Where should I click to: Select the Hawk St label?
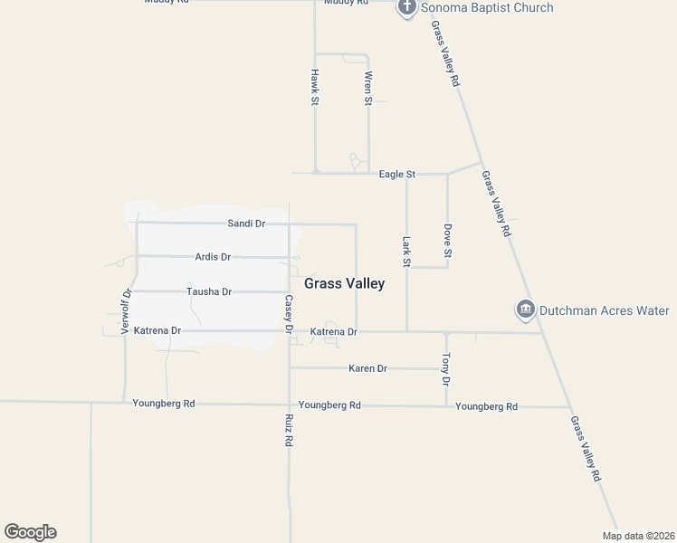pyautogui.click(x=315, y=88)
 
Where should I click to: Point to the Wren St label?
pyautogui.click(x=368, y=88)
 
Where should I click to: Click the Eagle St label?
pyautogui.click(x=396, y=174)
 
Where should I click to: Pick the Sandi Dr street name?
pyautogui.click(x=245, y=223)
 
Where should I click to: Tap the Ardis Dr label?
pyautogui.click(x=213, y=257)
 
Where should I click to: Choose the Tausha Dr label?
pyautogui.click(x=209, y=291)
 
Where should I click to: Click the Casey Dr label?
pyautogui.click(x=290, y=314)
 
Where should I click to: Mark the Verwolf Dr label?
pyautogui.click(x=126, y=311)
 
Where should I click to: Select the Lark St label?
pyautogui.click(x=407, y=252)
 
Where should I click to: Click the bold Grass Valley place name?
pyautogui.click(x=344, y=283)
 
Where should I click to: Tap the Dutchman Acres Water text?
pyautogui.click(x=605, y=310)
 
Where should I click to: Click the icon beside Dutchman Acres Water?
pyautogui.click(x=525, y=310)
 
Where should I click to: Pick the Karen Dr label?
pyautogui.click(x=367, y=368)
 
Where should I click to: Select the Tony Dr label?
pyautogui.click(x=445, y=369)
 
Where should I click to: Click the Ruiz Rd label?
pyautogui.click(x=290, y=430)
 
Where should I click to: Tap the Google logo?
pyautogui.click(x=30, y=532)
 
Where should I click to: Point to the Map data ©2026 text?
pyautogui.click(x=638, y=536)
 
